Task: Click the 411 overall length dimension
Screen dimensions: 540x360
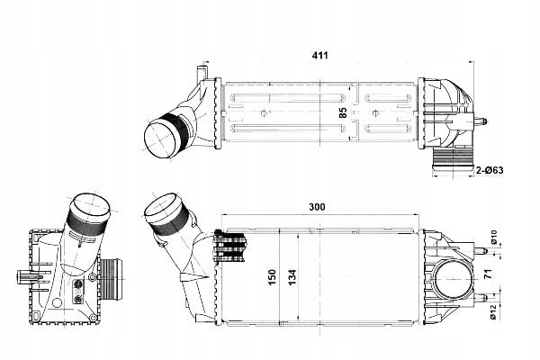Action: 319,56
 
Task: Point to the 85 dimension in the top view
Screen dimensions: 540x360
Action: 342,114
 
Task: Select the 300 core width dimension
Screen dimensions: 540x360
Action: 317,207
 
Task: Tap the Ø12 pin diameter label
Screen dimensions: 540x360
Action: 493,312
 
